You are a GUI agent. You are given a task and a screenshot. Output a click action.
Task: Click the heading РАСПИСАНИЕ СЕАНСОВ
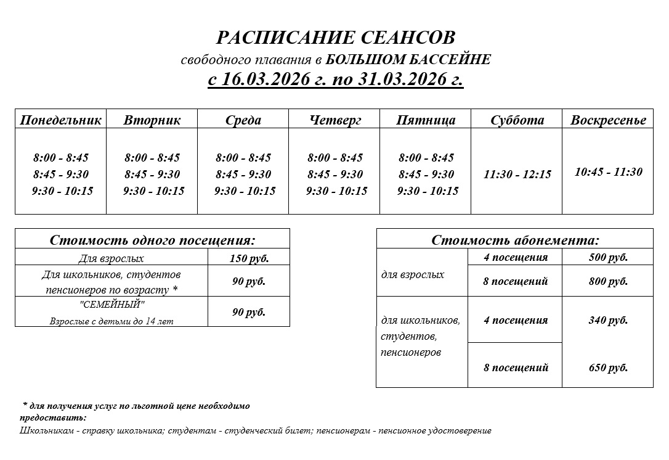tap(336, 38)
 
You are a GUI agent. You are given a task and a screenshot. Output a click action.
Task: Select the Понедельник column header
tap(60, 120)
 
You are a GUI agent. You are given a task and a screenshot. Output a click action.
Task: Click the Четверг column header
tap(334, 120)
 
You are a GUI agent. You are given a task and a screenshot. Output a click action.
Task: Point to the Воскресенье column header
tap(608, 120)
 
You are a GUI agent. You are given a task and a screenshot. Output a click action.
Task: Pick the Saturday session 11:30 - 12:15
tap(517, 175)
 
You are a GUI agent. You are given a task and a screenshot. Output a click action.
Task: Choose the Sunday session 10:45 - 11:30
tap(608, 172)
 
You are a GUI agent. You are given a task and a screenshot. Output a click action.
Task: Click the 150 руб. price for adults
tap(249, 258)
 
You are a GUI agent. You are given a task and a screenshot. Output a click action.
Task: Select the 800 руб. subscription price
tap(608, 282)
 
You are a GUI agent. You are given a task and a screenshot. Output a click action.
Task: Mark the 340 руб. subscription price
tap(608, 321)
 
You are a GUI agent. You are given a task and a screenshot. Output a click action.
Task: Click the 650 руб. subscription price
tap(608, 368)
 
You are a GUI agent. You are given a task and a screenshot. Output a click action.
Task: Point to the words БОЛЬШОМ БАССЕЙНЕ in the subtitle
tap(408, 60)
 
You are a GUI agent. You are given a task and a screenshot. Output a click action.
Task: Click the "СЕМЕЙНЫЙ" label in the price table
tap(111, 305)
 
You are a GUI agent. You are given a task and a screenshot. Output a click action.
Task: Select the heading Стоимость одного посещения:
tap(152, 240)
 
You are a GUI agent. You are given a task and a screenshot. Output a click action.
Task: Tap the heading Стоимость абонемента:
tap(515, 240)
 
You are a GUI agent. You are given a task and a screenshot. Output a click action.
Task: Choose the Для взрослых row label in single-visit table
tap(111, 258)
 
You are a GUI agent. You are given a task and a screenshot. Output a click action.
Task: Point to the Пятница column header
tap(426, 120)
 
